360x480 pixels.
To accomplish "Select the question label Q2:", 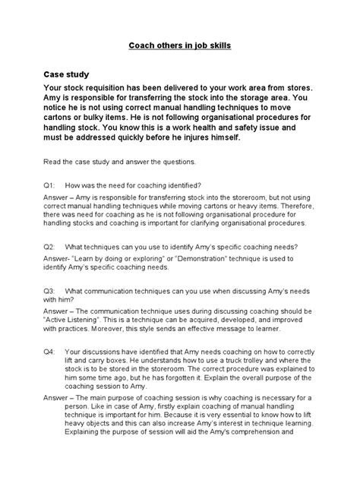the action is [x=51, y=248].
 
